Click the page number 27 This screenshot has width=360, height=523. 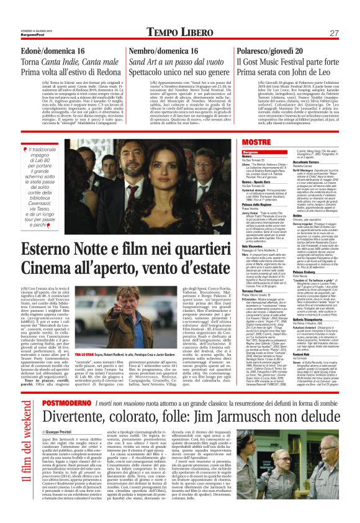pos(333,32)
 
